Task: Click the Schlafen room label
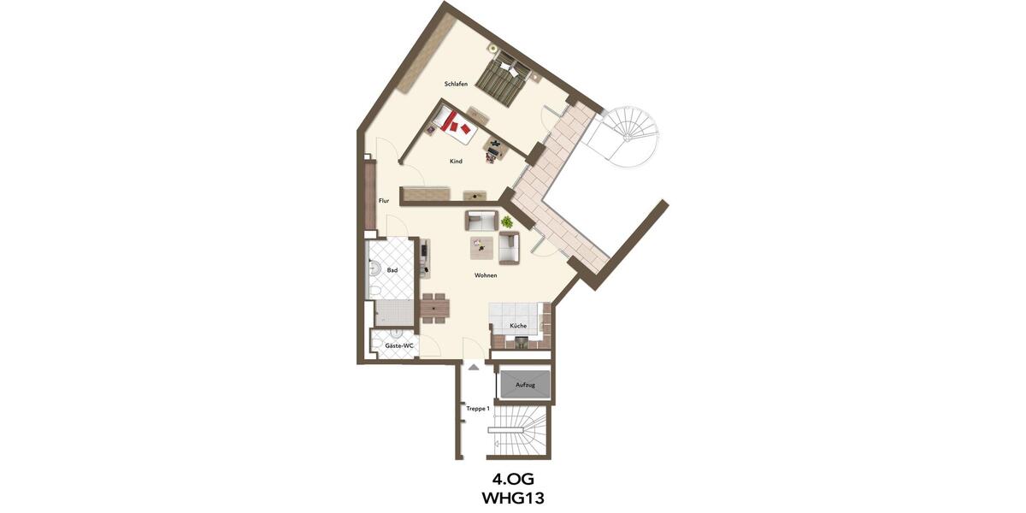pyautogui.click(x=455, y=84)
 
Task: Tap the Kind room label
pyautogui.click(x=456, y=161)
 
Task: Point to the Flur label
pyautogui.click(x=384, y=201)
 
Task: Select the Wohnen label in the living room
pyautogui.click(x=486, y=275)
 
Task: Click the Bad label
pyautogui.click(x=392, y=270)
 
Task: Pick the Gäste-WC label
pyautogui.click(x=399, y=345)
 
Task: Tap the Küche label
pyautogui.click(x=518, y=327)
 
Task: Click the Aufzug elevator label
pyautogui.click(x=525, y=386)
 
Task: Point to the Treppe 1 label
pyautogui.click(x=477, y=409)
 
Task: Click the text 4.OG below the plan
pyautogui.click(x=512, y=478)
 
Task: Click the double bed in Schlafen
pyautogui.click(x=502, y=79)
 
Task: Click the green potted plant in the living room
pyautogui.click(x=507, y=221)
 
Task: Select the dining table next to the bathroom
pyautogui.click(x=435, y=308)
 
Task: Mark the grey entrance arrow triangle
pyautogui.click(x=471, y=365)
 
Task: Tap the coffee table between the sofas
pyautogui.click(x=481, y=247)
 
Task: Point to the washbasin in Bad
pyautogui.click(x=373, y=270)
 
